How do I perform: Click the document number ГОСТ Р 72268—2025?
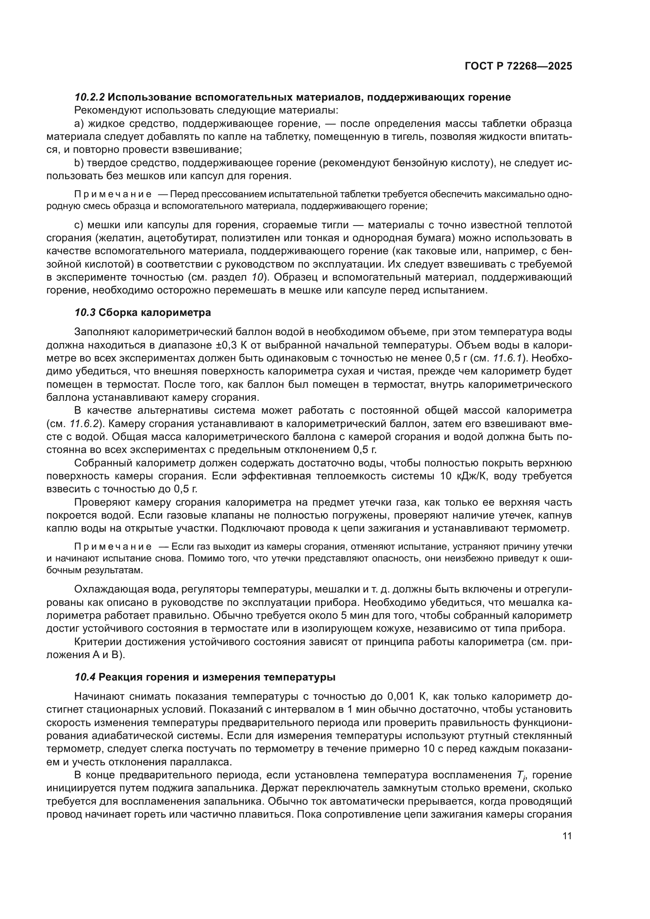[518, 66]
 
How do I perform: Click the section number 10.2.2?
[90, 97]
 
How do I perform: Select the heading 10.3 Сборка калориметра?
[143, 312]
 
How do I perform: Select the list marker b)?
[78, 163]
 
